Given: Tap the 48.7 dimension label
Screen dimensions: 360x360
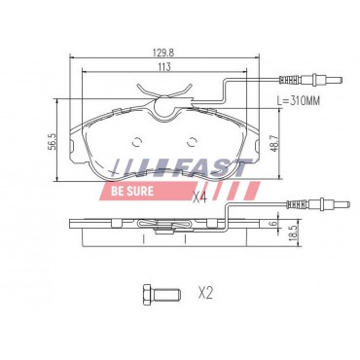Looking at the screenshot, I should pyautogui.click(x=275, y=142).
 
